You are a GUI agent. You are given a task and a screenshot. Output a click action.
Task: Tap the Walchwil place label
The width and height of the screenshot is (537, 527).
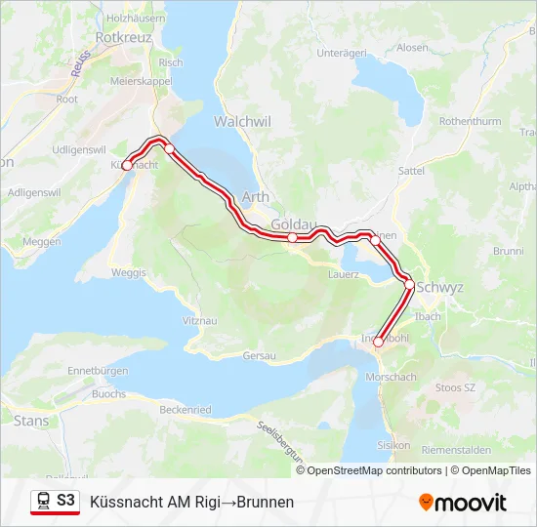click(x=242, y=121)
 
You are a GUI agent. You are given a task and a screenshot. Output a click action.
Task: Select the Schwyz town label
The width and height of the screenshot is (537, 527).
click(x=439, y=287)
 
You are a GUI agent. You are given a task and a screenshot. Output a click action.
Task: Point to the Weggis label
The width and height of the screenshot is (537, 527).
click(x=129, y=272)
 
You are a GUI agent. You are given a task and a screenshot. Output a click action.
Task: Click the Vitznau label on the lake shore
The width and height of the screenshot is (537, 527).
click(x=198, y=319)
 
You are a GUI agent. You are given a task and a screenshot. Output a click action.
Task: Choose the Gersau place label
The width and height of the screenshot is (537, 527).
click(x=261, y=354)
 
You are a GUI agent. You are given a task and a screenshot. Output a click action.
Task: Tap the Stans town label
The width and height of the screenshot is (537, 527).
click(x=32, y=420)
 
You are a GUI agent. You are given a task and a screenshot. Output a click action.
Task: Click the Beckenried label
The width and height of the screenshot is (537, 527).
click(x=186, y=410)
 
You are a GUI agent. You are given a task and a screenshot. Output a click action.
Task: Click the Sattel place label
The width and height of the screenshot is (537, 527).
click(x=411, y=170)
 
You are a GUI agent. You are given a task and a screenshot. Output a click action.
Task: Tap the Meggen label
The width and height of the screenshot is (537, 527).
click(x=41, y=241)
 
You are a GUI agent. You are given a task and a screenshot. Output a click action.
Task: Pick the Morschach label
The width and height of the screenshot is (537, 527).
click(x=391, y=377)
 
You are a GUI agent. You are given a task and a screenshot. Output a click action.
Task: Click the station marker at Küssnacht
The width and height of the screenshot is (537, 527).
click(x=127, y=166)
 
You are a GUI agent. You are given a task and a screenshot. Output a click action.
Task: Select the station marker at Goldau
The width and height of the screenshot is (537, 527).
click(x=292, y=237)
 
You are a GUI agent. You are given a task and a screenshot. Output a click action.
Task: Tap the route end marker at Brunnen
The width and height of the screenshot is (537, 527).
click(x=378, y=343)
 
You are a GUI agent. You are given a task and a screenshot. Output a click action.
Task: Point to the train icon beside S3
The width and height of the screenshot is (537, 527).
click(x=44, y=501)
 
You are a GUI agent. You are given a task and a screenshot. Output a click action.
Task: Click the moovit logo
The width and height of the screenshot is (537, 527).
click(x=463, y=503)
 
